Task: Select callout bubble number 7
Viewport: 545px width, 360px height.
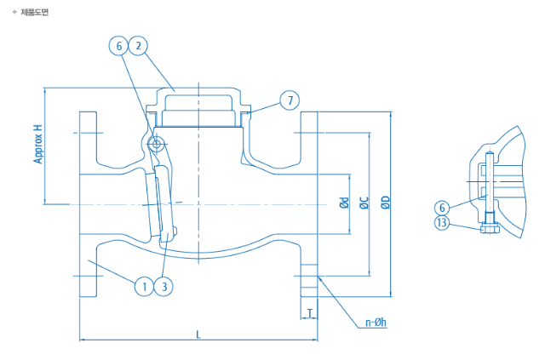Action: click(x=290, y=101)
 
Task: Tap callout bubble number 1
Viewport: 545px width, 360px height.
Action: click(x=144, y=286)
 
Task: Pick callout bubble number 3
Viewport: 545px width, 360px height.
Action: click(x=164, y=286)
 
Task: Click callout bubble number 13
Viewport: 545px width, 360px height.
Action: click(x=441, y=223)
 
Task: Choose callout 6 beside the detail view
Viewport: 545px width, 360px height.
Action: click(x=441, y=208)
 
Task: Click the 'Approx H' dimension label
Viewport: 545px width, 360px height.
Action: click(x=37, y=144)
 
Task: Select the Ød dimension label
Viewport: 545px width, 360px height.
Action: click(x=343, y=203)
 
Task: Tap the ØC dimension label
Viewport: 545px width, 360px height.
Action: click(x=364, y=203)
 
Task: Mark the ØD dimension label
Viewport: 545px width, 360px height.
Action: click(x=385, y=203)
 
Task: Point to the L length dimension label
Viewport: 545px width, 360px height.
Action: click(x=198, y=334)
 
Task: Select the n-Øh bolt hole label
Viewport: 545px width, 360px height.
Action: click(x=376, y=323)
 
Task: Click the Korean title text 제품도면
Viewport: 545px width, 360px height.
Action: click(x=35, y=12)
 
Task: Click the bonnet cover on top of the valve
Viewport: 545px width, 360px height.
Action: click(x=198, y=102)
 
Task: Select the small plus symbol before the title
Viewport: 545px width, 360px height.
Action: click(x=14, y=12)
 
